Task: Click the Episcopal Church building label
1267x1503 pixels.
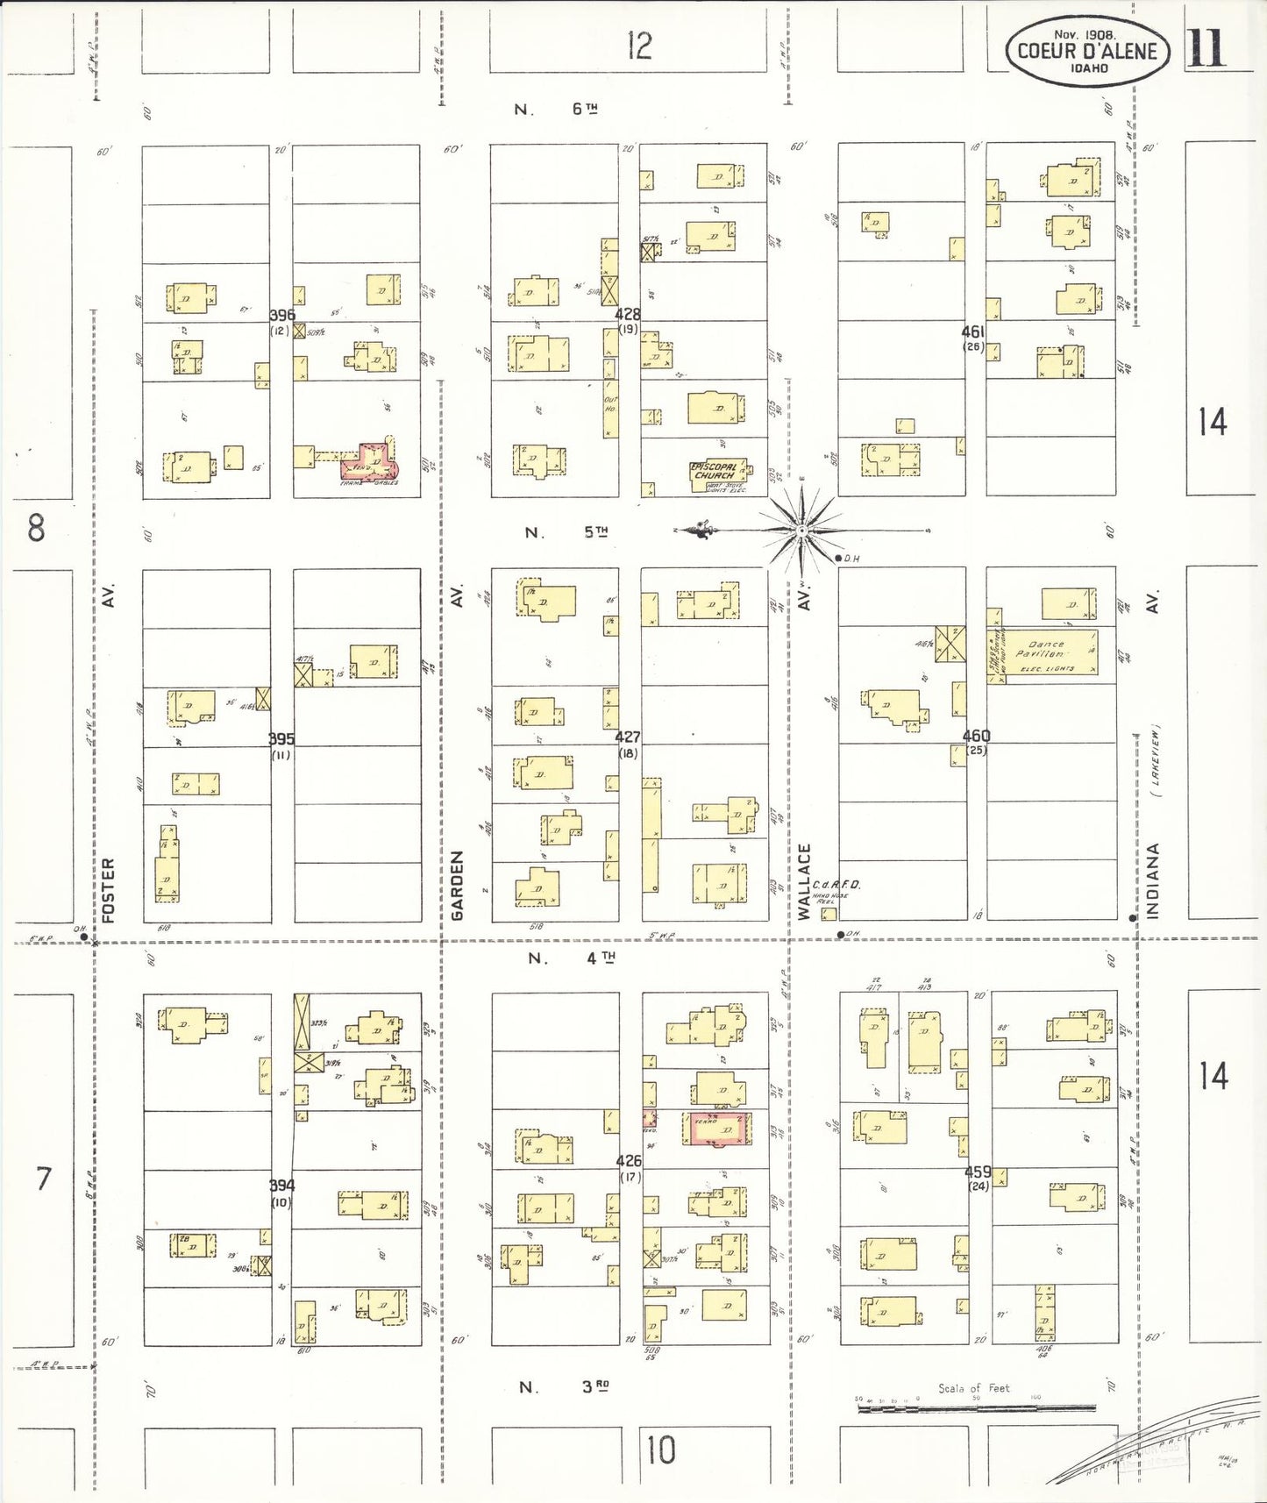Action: point(715,472)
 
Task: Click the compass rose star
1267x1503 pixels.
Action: point(801,531)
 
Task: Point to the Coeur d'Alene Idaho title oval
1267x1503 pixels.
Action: point(1087,52)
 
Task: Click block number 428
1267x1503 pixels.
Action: point(627,314)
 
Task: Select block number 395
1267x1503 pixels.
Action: point(281,739)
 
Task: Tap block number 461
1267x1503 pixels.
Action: point(972,331)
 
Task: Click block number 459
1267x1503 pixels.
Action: point(978,1172)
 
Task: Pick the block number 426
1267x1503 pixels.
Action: point(629,1160)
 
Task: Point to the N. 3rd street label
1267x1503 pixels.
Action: point(565,1387)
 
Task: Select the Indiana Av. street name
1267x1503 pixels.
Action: point(1153,880)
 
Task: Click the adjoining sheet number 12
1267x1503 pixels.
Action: point(639,46)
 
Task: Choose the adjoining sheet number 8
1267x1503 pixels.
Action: point(36,529)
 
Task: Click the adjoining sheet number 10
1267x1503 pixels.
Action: point(660,1450)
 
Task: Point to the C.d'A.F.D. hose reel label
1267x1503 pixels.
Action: point(836,886)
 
